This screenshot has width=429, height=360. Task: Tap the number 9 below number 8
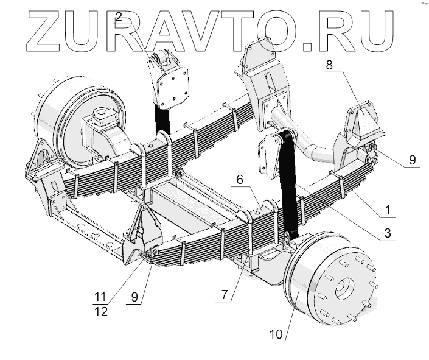coord(412,160)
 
